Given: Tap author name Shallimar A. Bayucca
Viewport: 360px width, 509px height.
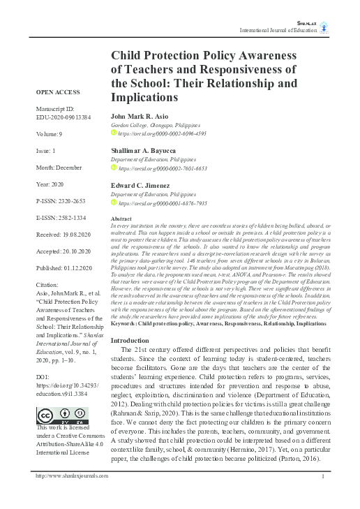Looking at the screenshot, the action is click(144, 150).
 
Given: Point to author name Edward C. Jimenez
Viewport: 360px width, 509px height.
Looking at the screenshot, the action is click(140, 185).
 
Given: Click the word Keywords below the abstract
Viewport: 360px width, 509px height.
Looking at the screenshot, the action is click(126, 325).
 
